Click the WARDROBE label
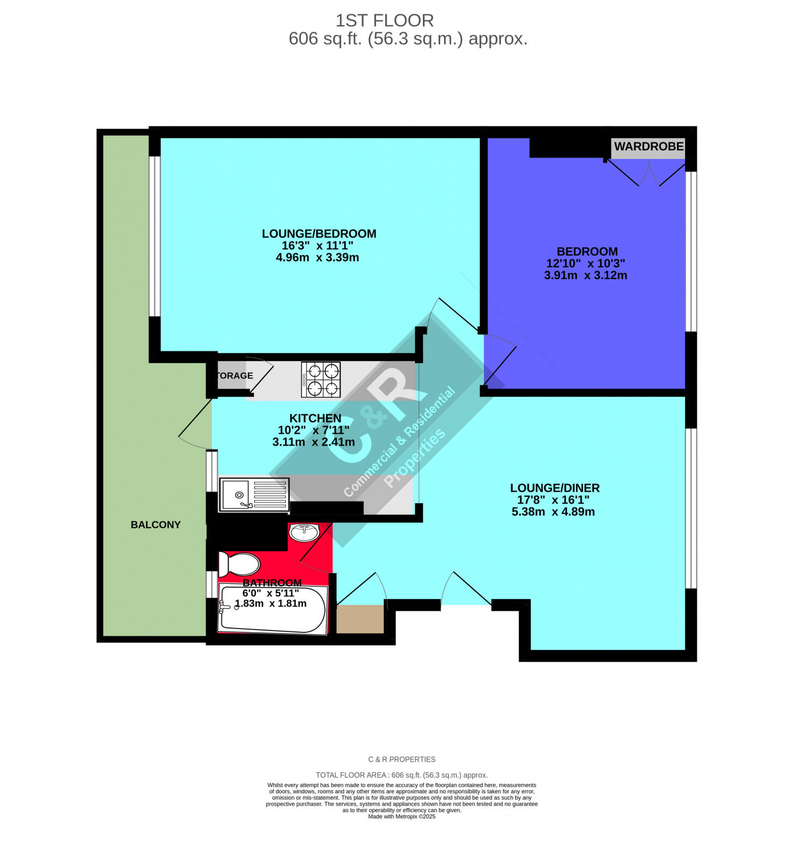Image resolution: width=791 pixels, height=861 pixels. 648,146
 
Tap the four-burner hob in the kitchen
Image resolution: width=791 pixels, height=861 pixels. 321,379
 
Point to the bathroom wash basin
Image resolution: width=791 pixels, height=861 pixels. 304,532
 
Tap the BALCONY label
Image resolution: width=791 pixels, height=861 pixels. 156,525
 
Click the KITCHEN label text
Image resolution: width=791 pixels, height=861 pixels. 315,418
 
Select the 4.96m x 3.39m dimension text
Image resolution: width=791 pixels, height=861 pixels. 317,258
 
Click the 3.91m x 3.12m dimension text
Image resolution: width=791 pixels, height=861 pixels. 585,276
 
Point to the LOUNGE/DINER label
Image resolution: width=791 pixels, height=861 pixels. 554,488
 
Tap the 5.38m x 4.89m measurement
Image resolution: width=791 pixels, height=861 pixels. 553,512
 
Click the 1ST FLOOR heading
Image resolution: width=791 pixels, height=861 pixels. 384,20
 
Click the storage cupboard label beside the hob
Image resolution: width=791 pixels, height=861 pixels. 235,376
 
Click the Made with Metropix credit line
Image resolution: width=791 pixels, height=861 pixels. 401,816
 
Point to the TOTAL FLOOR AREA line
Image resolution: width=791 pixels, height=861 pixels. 401,775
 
